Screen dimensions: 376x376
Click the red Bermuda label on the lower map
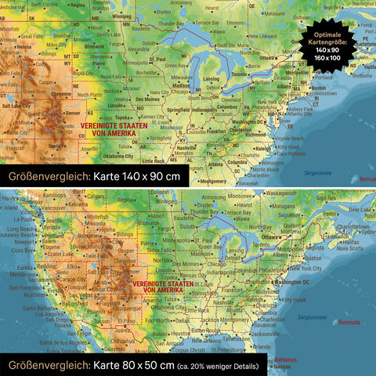(349, 322)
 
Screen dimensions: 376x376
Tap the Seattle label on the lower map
(31, 221)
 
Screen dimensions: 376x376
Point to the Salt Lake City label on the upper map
(15, 104)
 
